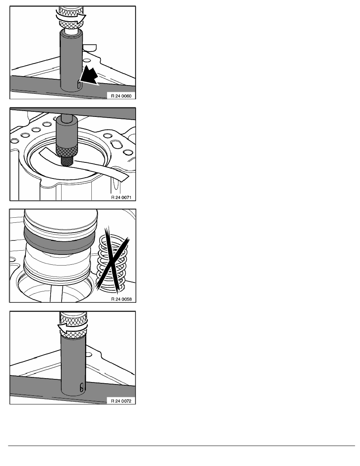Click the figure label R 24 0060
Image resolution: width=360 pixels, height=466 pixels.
coord(121,96)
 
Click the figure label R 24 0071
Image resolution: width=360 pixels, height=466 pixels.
coord(121,198)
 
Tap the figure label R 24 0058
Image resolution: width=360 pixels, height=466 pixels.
coord(121,299)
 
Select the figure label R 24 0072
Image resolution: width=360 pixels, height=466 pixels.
coord(121,401)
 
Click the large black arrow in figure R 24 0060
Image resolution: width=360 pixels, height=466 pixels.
coord(89,75)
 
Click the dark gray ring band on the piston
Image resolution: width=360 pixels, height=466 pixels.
coord(59,241)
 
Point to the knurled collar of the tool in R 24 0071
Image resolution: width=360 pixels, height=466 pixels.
coord(67,150)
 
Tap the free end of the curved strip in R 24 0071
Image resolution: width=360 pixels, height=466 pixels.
coord(125,178)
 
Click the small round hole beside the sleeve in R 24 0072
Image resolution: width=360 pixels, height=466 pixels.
coord(89,354)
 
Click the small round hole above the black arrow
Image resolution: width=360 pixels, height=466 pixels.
coord(87,60)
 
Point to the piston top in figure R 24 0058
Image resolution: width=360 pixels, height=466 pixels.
coord(61,218)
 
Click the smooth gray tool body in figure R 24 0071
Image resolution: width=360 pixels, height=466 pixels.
coord(67,130)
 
